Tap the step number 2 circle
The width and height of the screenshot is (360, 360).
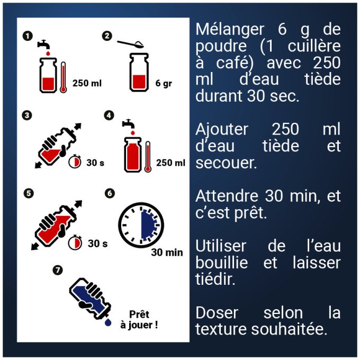[x=107, y=36]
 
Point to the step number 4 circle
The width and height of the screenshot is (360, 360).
[x=109, y=115]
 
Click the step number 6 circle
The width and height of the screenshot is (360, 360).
[x=110, y=193]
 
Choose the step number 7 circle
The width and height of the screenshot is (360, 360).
[x=58, y=270]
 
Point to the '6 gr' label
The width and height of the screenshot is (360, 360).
[x=165, y=83]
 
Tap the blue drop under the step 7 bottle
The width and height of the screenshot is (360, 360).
[x=108, y=322]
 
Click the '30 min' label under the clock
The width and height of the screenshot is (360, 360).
[x=167, y=253]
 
